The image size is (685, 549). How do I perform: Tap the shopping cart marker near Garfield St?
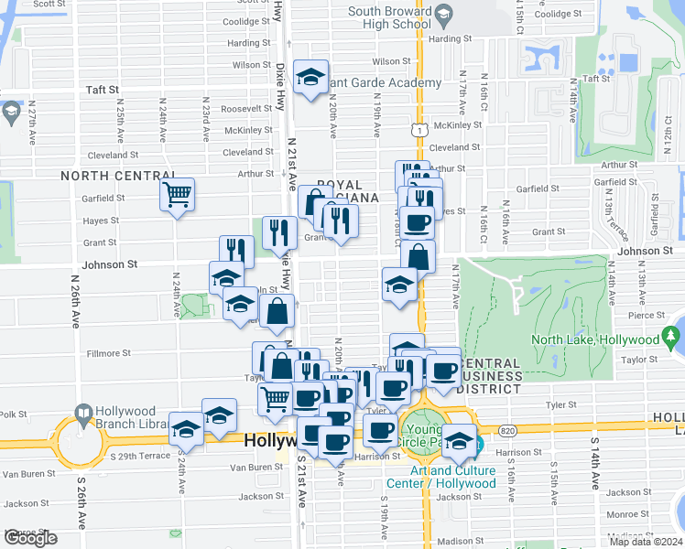coord(177,194)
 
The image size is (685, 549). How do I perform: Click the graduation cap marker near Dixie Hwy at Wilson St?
coord(312,77)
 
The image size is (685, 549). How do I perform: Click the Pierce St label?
coord(647,315)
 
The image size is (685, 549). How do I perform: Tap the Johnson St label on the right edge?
coord(651,251)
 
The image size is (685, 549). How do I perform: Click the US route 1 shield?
coord(419,131)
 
